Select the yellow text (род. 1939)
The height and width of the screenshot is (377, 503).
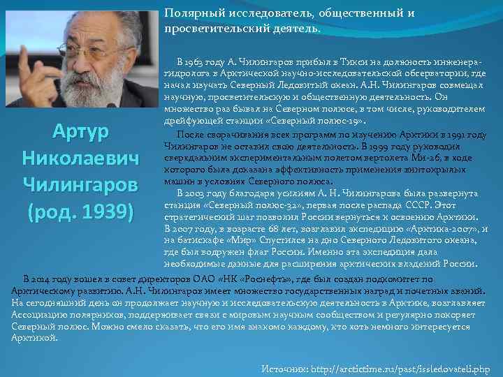pyautogui.click(x=79, y=211)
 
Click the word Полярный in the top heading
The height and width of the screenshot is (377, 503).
pyautogui.click(x=189, y=14)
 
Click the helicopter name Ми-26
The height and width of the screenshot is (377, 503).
pyautogui.click(x=438, y=158)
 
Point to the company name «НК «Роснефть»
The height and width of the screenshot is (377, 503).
pyautogui.click(x=266, y=278)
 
